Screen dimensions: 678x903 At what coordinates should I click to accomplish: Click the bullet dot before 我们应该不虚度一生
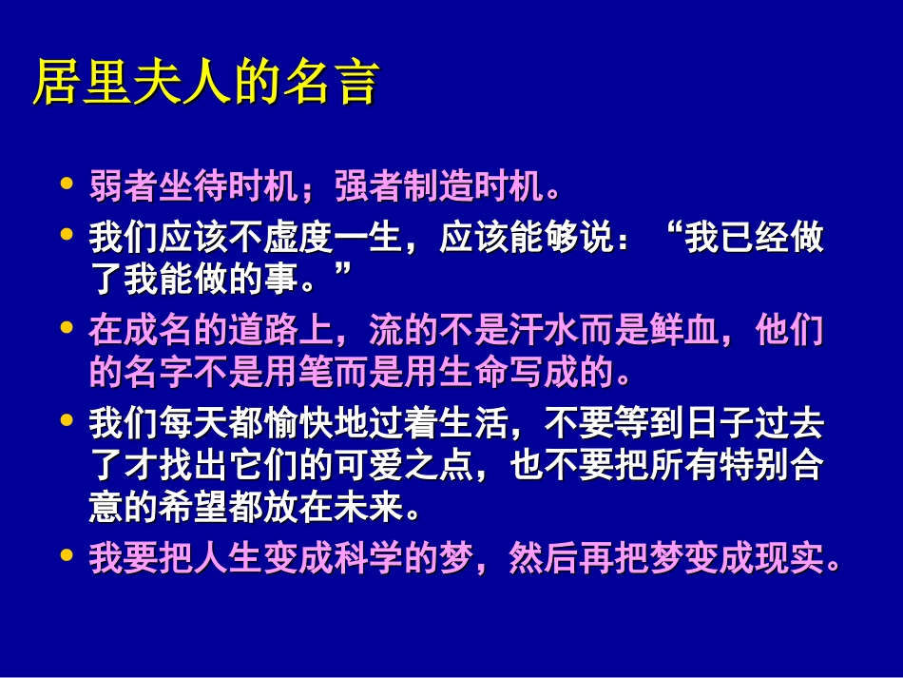[x=66, y=233]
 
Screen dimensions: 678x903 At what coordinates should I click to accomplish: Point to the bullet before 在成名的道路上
[x=66, y=327]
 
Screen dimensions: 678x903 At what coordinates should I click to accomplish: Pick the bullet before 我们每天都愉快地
[x=66, y=418]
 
